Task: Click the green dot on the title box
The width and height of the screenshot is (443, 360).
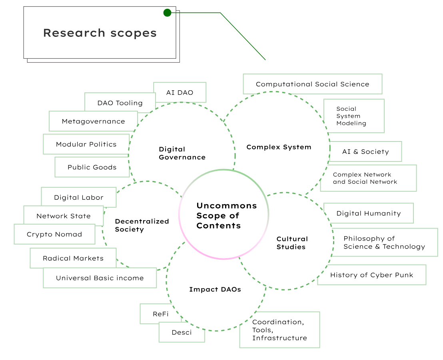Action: click(167, 13)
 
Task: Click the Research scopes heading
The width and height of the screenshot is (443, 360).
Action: click(100, 33)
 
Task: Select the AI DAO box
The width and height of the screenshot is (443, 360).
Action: click(180, 92)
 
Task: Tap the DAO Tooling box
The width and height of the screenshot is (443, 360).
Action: click(120, 103)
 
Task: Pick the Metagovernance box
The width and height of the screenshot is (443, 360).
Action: click(93, 121)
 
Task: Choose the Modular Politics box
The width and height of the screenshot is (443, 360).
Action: click(86, 144)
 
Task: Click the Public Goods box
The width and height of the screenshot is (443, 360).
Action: click(92, 167)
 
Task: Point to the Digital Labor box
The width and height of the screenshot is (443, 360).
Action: click(78, 197)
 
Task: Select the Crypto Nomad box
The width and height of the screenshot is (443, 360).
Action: click(54, 234)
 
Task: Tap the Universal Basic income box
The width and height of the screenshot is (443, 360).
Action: click(100, 278)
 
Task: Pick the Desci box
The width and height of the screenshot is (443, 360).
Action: click(182, 332)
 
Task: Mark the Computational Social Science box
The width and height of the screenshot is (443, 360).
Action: click(313, 84)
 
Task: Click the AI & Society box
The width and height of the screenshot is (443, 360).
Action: click(365, 151)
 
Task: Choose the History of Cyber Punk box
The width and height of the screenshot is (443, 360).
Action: click(371, 275)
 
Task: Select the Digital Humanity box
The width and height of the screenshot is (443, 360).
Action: click(368, 213)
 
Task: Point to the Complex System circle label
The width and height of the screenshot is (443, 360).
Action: click(279, 147)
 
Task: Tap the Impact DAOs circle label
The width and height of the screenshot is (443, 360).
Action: click(215, 289)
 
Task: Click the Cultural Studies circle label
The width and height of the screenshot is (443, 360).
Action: click(292, 243)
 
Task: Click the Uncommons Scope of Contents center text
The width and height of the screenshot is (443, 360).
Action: click(227, 215)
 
